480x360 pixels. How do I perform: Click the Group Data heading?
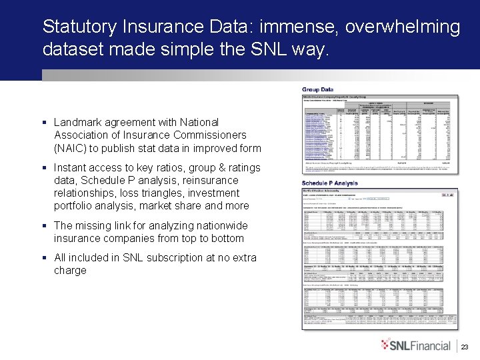[x=318, y=89]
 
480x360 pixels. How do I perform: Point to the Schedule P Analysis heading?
[x=329, y=183]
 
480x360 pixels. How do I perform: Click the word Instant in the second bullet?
[x=71, y=167]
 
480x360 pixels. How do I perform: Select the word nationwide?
[x=222, y=225]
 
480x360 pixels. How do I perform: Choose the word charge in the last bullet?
[x=70, y=270]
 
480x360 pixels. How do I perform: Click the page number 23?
[x=465, y=347]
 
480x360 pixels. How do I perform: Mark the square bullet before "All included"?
[x=43, y=257]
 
